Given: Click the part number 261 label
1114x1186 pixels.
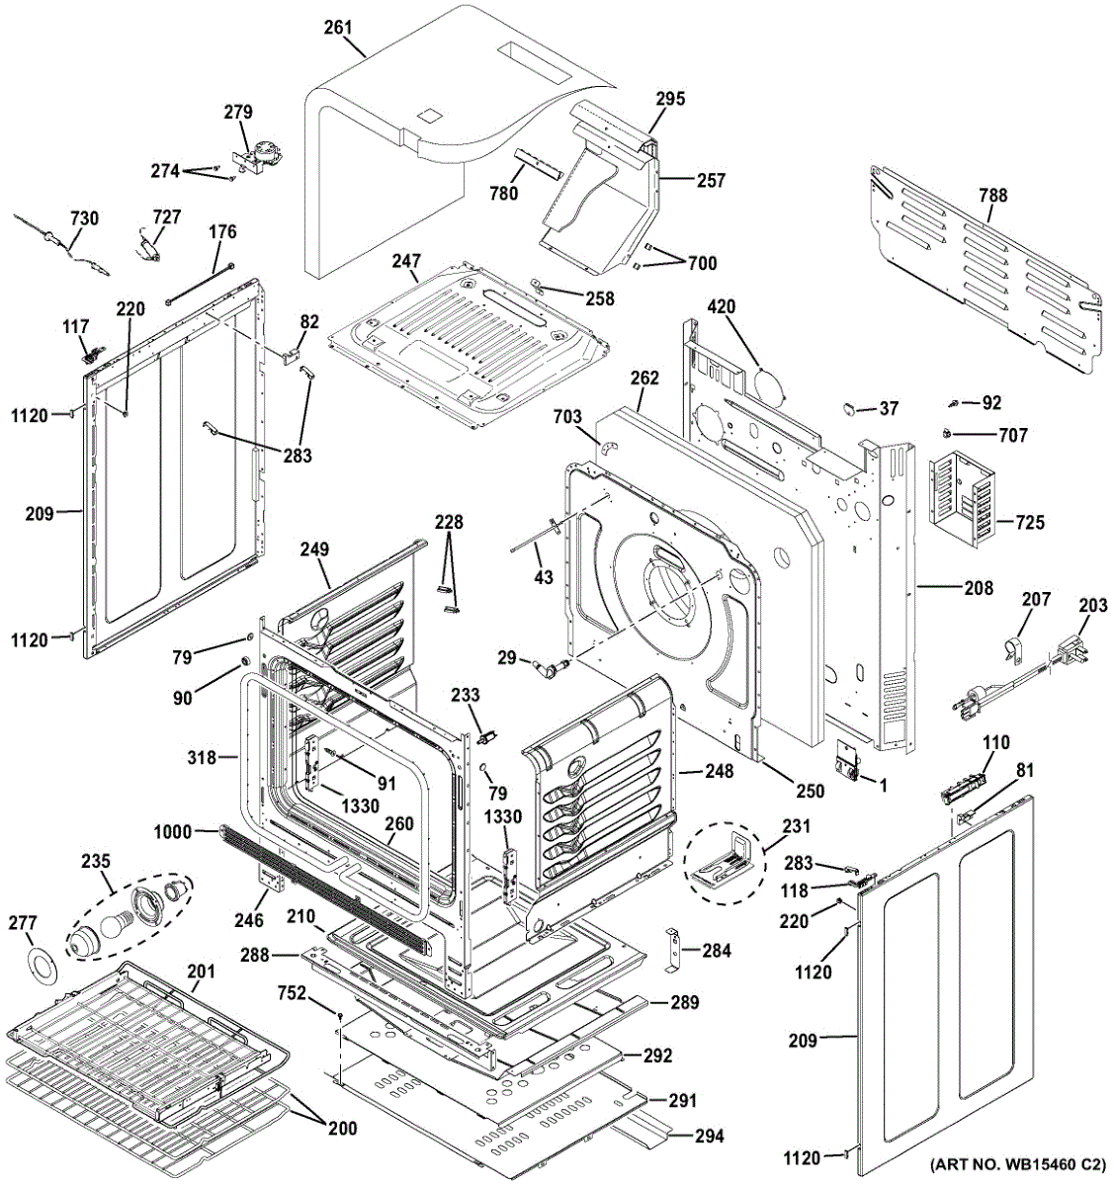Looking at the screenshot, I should tap(338, 28).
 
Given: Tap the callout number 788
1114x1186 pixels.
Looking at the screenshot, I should tap(993, 196).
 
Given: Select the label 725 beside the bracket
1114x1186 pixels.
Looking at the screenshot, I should tap(1030, 523).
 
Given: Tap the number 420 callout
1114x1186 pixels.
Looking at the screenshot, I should tap(722, 307).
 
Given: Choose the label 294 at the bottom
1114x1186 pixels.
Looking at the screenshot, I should tap(709, 1137).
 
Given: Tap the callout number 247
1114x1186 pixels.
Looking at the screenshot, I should tap(406, 262).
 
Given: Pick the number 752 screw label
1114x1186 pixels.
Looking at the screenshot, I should tap(318, 993).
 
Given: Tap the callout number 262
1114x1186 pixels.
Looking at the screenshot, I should tap(644, 379).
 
